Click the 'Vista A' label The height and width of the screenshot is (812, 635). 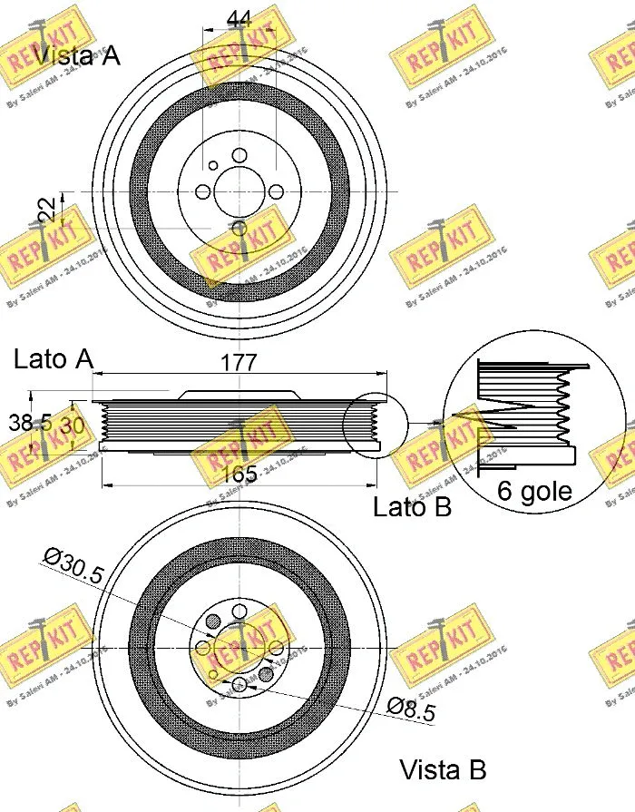pos(77,56)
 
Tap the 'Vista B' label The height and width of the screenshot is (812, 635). pos(444,770)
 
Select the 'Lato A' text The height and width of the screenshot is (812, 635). pos(54,359)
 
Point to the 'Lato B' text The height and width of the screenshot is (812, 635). pos(412,507)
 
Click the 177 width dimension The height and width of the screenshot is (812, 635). pos(239,363)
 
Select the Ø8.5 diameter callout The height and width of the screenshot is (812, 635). pos(410,709)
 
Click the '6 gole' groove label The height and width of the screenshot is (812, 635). pos(535,491)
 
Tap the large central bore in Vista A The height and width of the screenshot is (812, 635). pos(239,191)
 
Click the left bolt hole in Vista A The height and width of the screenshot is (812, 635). pos(203,192)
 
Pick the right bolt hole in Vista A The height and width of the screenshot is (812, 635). pos(274,192)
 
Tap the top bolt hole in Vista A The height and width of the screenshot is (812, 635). pos(239,156)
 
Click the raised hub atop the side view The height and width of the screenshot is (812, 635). pos(240,395)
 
